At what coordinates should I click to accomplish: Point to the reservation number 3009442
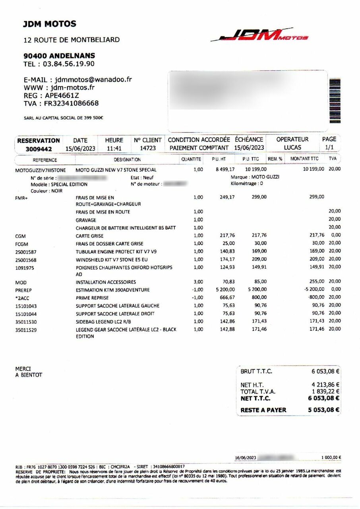click(x=39, y=149)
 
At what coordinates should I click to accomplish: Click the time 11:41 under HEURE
click(x=114, y=148)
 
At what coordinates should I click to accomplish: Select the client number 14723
click(x=147, y=148)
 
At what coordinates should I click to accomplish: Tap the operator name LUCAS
click(x=292, y=148)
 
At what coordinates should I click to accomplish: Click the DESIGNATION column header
click(x=127, y=159)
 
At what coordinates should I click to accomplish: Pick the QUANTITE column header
click(x=192, y=159)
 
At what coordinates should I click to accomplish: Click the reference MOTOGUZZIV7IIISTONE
click(x=40, y=170)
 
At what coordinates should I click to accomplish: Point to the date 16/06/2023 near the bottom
click(x=246, y=457)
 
